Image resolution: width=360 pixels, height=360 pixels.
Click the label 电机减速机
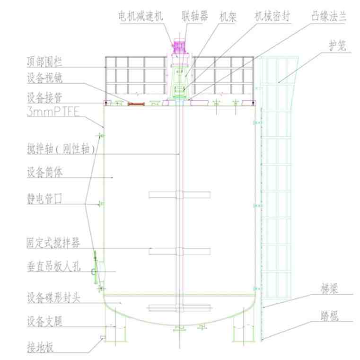coord(141,16)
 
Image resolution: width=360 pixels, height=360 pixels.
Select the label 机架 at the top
coord(228,16)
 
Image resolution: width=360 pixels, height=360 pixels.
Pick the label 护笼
coord(338,45)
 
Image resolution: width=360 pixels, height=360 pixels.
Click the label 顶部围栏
coord(45,62)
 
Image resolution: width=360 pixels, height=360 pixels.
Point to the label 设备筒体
coord(45,173)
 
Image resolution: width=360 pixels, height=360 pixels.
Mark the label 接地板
coord(40,349)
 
